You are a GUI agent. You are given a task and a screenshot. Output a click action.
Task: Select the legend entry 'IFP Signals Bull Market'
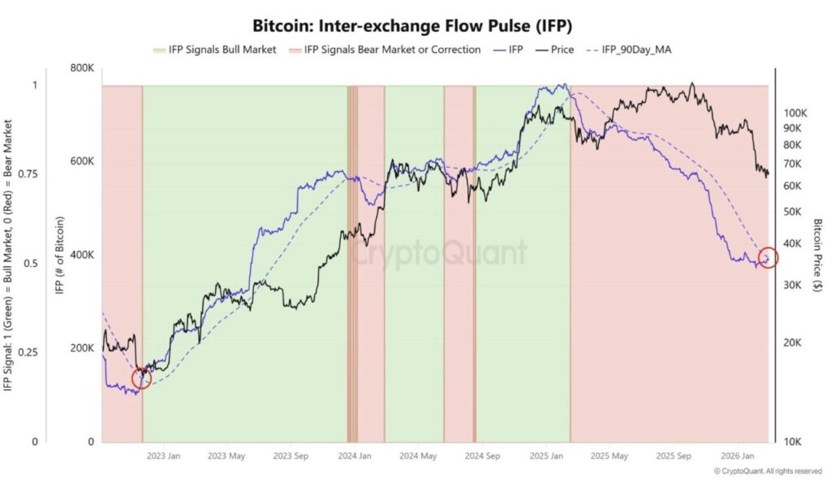pyautogui.click(x=214, y=49)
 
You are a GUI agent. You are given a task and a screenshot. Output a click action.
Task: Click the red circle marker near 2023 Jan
pyautogui.click(x=141, y=378)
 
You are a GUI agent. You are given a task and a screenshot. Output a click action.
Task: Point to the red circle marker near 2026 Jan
pyautogui.click(x=768, y=258)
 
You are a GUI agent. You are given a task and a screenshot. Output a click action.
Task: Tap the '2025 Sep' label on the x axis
pyautogui.click(x=671, y=457)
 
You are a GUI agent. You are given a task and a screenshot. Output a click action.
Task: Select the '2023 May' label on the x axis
pyautogui.click(x=226, y=457)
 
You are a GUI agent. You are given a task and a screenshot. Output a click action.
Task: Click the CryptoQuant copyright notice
pyautogui.click(x=767, y=471)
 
